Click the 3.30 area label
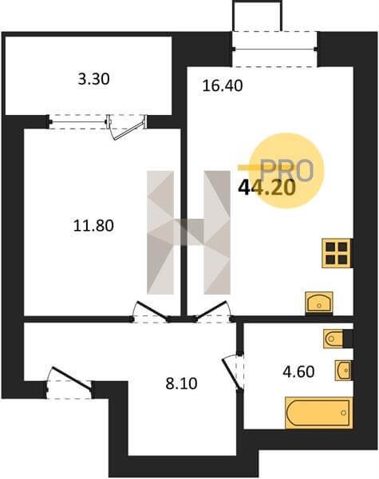[94, 79]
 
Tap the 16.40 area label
[223, 86]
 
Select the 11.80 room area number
[94, 226]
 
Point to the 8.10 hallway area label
[181, 384]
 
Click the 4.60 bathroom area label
[298, 372]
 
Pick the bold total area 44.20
[267, 188]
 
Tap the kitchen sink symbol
[319, 303]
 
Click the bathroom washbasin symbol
[344, 370]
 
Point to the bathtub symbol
[319, 413]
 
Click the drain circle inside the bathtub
[343, 413]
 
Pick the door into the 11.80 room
[152, 311]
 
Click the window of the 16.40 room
[274, 49]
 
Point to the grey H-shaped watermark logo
[188, 232]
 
